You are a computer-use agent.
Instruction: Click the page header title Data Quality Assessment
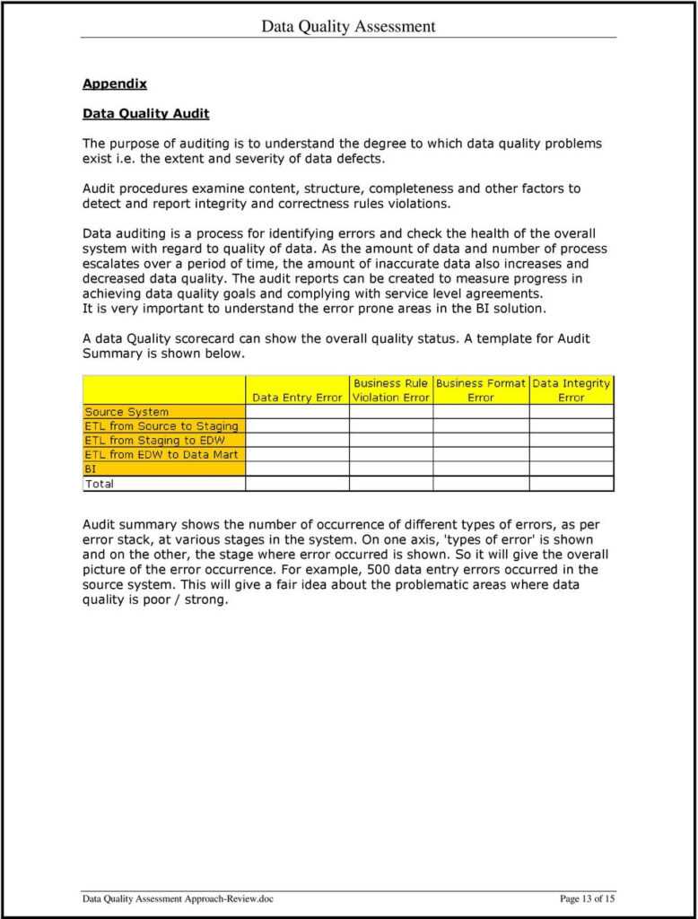click(x=348, y=26)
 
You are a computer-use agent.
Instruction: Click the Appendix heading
click(x=114, y=83)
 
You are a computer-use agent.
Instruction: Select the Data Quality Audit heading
click(x=145, y=113)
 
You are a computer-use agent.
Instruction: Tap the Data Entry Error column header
click(x=297, y=398)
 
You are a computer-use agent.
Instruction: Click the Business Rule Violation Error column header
click(x=390, y=390)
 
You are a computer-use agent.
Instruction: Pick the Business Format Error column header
click(x=480, y=390)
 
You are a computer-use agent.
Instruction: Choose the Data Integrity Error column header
click(x=571, y=390)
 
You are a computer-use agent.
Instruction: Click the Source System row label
click(x=127, y=412)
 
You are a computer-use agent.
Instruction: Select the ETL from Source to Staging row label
click(x=161, y=426)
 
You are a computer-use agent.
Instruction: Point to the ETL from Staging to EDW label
click(x=154, y=441)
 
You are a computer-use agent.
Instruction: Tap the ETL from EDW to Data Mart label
click(x=161, y=455)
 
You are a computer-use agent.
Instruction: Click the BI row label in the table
click(x=91, y=469)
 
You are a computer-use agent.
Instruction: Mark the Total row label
click(x=100, y=484)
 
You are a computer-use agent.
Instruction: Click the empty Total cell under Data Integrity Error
click(x=571, y=484)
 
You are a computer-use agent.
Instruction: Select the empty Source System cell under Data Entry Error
click(x=297, y=412)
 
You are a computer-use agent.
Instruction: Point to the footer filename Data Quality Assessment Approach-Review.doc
click(x=177, y=899)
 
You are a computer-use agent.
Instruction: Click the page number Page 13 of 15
click(x=587, y=899)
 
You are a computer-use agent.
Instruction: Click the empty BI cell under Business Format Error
click(x=480, y=469)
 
